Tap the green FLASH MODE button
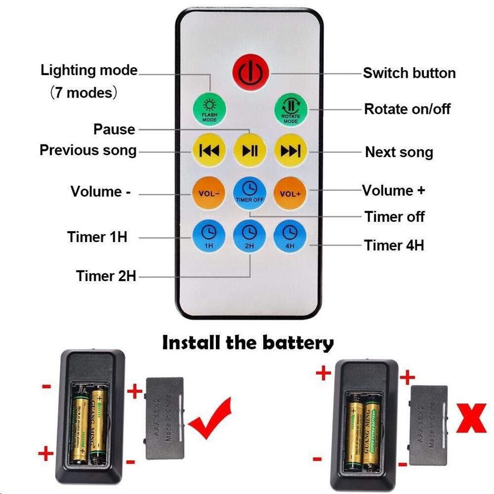pos(209,109)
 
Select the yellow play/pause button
pos(249,150)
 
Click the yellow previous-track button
pos(209,150)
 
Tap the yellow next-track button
pos(290,150)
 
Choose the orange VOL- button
pos(209,193)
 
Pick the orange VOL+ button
pos(290,193)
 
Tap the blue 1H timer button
pos(209,234)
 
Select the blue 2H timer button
pos(249,234)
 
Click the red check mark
pos(211,418)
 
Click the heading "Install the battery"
pos(247,342)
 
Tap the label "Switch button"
pos(409,73)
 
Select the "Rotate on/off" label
pos(407,109)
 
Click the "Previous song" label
pos(88,150)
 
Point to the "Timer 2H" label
pos(106,276)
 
